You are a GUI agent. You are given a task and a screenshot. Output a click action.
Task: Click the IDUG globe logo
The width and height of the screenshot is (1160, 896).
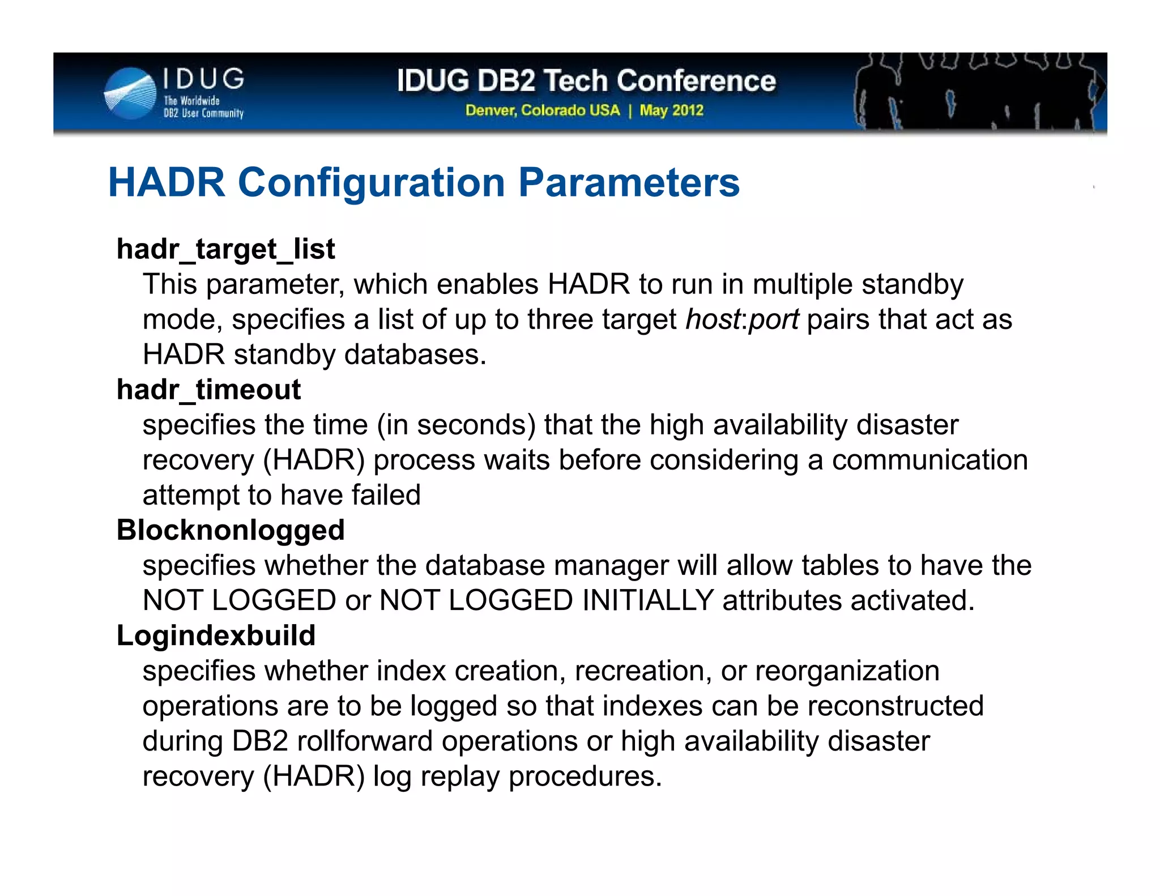point(131,93)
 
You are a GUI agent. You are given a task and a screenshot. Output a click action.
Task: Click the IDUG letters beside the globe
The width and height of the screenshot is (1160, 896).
point(204,79)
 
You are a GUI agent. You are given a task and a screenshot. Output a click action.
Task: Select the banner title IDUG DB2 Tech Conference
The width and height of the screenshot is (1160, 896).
point(586,80)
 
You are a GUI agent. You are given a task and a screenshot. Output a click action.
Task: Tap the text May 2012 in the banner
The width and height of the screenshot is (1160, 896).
point(672,110)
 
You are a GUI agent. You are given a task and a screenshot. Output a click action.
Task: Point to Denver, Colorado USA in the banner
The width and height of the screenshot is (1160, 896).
point(543,110)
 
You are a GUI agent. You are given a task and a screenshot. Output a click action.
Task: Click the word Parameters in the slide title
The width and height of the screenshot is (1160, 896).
point(629,182)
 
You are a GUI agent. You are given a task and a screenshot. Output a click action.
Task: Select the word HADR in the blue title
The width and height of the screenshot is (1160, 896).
point(167,182)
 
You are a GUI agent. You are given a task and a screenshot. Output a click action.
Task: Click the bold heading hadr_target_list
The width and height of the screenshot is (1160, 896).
point(225,249)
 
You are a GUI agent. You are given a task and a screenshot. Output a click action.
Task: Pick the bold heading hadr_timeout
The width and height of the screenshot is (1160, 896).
point(208,390)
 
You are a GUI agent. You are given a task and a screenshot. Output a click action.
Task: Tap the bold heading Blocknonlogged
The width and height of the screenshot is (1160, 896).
point(231,530)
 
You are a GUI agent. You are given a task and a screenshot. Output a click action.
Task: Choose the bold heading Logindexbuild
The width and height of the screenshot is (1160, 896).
point(216,635)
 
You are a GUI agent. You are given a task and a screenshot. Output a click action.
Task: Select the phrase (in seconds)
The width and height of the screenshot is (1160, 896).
point(457,425)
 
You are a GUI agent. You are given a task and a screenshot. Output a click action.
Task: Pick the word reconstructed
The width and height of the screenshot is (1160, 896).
point(895,706)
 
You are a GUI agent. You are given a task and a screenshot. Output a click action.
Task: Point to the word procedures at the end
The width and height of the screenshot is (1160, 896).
point(585,777)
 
